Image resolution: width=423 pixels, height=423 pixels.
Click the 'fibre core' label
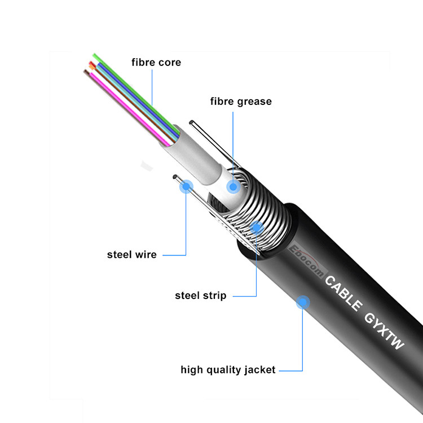pyautogui.click(x=156, y=63)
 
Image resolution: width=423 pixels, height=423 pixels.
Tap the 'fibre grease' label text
pyautogui.click(x=241, y=102)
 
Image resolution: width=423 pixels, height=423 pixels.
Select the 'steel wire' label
pyautogui.click(x=132, y=255)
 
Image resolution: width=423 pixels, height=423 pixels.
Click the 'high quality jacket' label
pyautogui.click(x=228, y=370)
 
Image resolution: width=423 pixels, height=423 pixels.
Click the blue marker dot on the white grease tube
pyautogui.click(x=232, y=187)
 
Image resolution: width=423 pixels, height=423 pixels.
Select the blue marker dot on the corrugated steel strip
pyautogui.click(x=257, y=227)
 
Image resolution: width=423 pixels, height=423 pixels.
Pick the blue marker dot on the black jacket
pyautogui.click(x=303, y=302)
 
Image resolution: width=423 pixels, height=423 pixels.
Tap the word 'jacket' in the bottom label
pyautogui.click(x=260, y=370)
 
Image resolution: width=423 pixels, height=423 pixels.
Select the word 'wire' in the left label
pyautogui.click(x=146, y=255)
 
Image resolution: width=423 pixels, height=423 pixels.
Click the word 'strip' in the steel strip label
pyautogui.click(x=215, y=296)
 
